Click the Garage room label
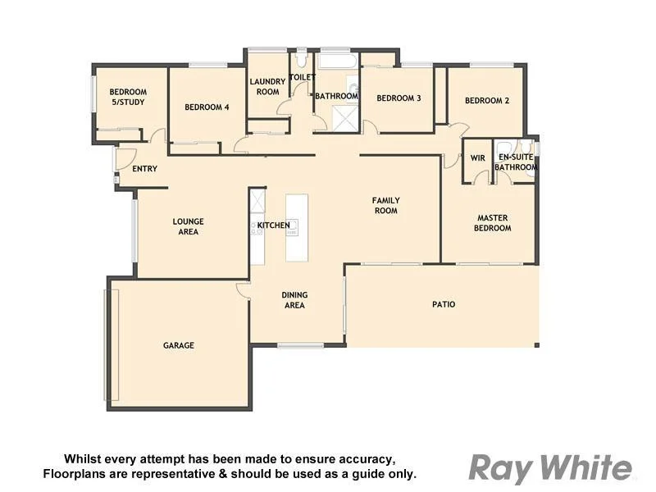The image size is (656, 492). click(x=179, y=345)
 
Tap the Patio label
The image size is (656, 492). click(x=444, y=304)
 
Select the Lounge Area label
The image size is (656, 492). click(x=189, y=226)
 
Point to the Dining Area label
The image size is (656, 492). click(x=294, y=300)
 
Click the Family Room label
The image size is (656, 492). click(x=385, y=205)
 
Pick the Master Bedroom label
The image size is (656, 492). click(x=493, y=223)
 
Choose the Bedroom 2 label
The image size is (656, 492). click(x=487, y=101)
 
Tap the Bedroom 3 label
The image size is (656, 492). click(x=399, y=98)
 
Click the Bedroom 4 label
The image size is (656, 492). click(x=207, y=107)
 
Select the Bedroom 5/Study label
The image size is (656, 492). click(x=129, y=97)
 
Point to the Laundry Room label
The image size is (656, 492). click(x=267, y=86)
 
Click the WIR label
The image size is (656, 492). click(x=478, y=157)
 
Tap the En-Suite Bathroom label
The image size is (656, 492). click(x=517, y=162)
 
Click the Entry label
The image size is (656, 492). click(x=144, y=169)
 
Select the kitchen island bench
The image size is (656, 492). click(x=297, y=227)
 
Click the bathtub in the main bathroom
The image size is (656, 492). click(x=336, y=62)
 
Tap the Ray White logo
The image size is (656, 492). click(x=550, y=468)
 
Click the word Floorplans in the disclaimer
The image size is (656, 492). click(x=74, y=474)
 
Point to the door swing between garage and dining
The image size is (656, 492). click(x=243, y=289)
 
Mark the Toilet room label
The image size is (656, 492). click(x=303, y=77)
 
